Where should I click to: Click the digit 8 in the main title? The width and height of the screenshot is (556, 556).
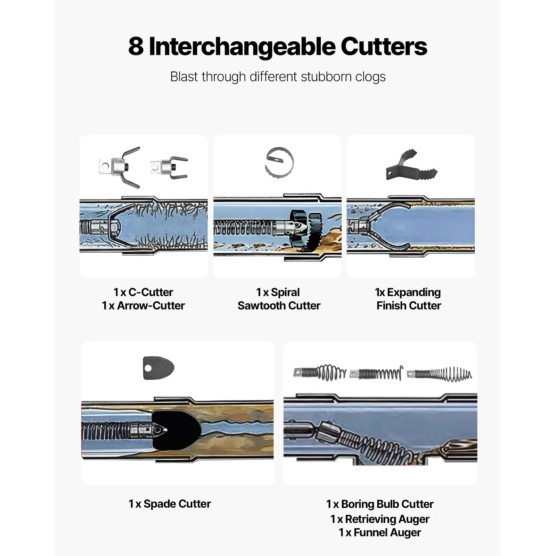(136, 47)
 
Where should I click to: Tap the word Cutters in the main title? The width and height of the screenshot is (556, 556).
(384, 47)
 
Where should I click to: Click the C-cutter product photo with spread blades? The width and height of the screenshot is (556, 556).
(120, 167)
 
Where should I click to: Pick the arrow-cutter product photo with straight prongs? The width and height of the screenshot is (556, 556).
(169, 167)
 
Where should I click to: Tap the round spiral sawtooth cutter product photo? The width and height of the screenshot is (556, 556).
(279, 163)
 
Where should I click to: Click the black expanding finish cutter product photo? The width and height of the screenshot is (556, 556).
(411, 165)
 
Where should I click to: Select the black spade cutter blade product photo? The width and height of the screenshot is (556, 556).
(158, 368)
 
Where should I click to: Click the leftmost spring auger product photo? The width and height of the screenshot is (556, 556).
(320, 373)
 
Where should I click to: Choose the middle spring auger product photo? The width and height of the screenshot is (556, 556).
(376, 374)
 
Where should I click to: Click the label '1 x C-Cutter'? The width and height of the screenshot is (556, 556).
(143, 292)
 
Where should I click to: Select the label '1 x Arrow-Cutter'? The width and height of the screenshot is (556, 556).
(143, 305)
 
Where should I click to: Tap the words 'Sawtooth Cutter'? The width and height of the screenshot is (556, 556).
(279, 305)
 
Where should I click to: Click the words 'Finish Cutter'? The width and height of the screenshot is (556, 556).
(409, 305)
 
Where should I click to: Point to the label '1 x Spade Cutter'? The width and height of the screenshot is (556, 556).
(170, 504)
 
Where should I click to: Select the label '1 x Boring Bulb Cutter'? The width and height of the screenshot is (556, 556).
(380, 504)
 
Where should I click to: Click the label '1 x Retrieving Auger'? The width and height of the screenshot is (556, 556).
(380, 519)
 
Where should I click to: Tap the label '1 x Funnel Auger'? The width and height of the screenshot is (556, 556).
(380, 533)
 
